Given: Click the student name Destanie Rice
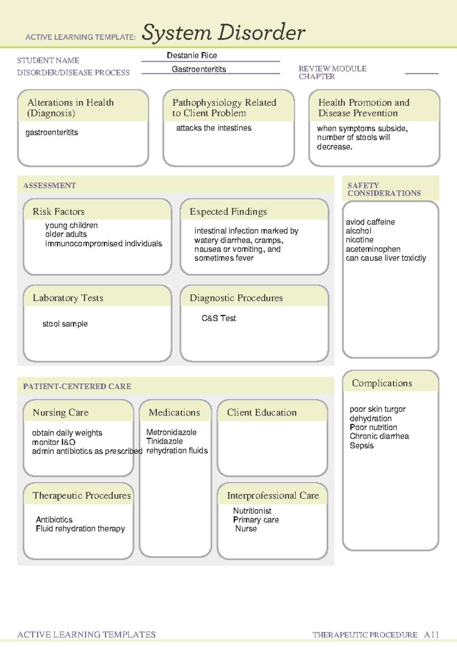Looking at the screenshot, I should pos(192,55).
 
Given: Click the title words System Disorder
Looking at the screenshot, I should pos(223,32).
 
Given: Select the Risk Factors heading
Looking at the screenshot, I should pos(59,211).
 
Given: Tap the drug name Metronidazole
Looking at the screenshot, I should pos(171,432).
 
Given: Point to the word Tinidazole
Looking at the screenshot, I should pos(165,441).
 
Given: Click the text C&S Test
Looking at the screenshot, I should pos(219,318).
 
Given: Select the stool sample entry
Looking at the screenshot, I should pos(65,324).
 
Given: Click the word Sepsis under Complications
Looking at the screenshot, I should pos(362,446).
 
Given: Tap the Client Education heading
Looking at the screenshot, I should pos(262,412).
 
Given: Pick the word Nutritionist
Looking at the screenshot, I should pos(252,511).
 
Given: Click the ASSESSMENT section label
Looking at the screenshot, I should pos(50,186).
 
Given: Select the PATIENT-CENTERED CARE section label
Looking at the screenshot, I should pos(77,386).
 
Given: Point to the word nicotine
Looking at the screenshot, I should pos(360,240).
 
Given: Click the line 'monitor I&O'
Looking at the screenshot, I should pos(54,442).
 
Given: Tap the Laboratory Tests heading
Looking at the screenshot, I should pos(68,298).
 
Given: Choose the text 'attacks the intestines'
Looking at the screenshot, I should pos(214,128).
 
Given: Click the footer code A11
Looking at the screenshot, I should pos(431,635).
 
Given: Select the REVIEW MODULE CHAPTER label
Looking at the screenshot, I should pos(332,72).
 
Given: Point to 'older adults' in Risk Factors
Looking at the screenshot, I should pos(66,234).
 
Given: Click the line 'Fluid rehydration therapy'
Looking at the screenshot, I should pos(80,529).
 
